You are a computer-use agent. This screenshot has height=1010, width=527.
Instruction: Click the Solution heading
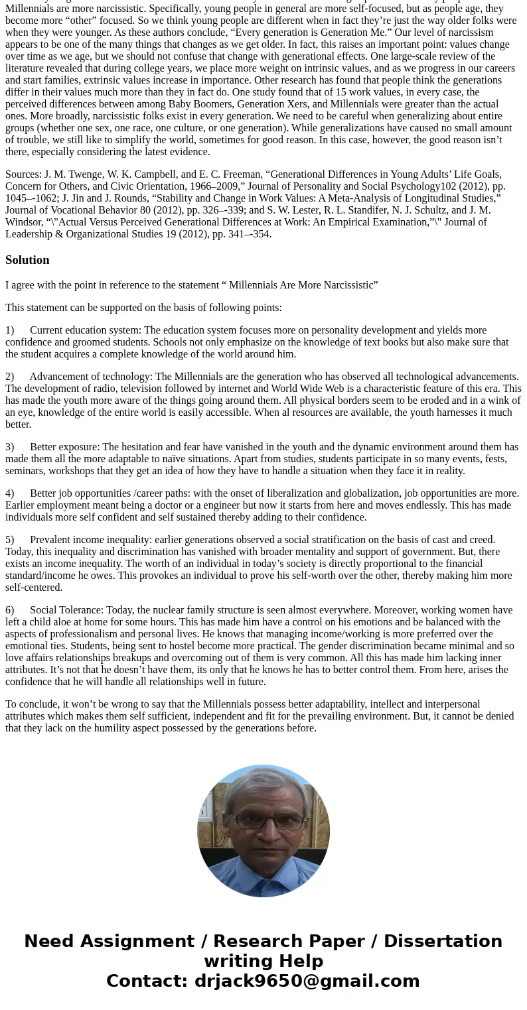(x=27, y=260)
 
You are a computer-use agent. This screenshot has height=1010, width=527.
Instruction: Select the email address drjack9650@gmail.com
(x=307, y=981)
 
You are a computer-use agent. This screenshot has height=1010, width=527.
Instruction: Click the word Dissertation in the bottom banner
(x=443, y=941)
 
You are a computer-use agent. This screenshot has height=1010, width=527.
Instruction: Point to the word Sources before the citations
(x=23, y=174)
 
